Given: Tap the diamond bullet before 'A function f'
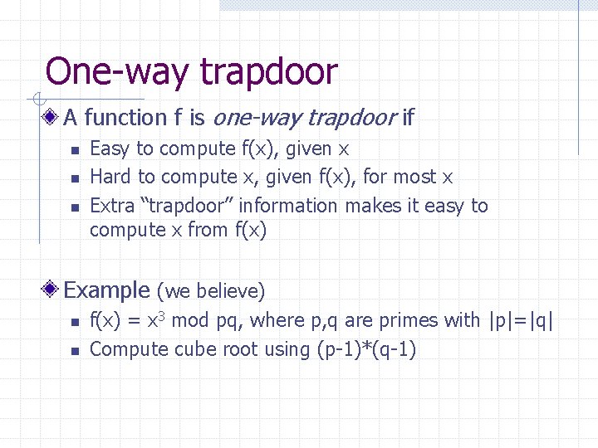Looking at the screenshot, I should tap(52, 118).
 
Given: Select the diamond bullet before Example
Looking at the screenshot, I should tap(52, 290).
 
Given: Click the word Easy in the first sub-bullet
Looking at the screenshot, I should tap(110, 149).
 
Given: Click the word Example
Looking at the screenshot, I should tap(105, 290).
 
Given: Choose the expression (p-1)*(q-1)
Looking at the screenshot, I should tap(366, 349).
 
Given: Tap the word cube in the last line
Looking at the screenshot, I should tap(196, 349).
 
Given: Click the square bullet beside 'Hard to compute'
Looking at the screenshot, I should tap(73, 178).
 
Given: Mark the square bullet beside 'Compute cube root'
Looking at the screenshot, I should tap(73, 350).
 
